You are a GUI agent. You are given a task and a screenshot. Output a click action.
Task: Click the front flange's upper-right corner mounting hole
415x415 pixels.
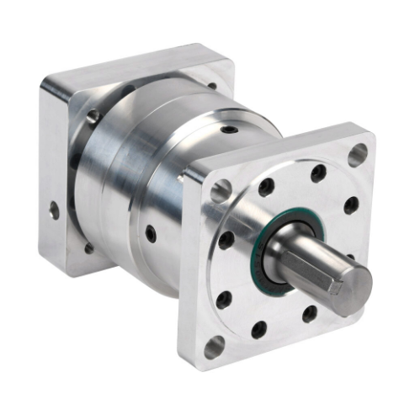pyautogui.click(x=359, y=154)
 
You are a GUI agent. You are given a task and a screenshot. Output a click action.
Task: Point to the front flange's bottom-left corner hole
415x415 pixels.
pyautogui.click(x=214, y=343)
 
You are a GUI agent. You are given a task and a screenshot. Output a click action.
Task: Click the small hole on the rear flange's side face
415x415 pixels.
pyautogui.click(x=55, y=210)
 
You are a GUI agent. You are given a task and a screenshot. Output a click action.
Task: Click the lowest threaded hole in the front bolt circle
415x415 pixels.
pyautogui.click(x=259, y=327)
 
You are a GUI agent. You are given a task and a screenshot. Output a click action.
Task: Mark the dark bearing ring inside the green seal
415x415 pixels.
pyautogui.click(x=278, y=261)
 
